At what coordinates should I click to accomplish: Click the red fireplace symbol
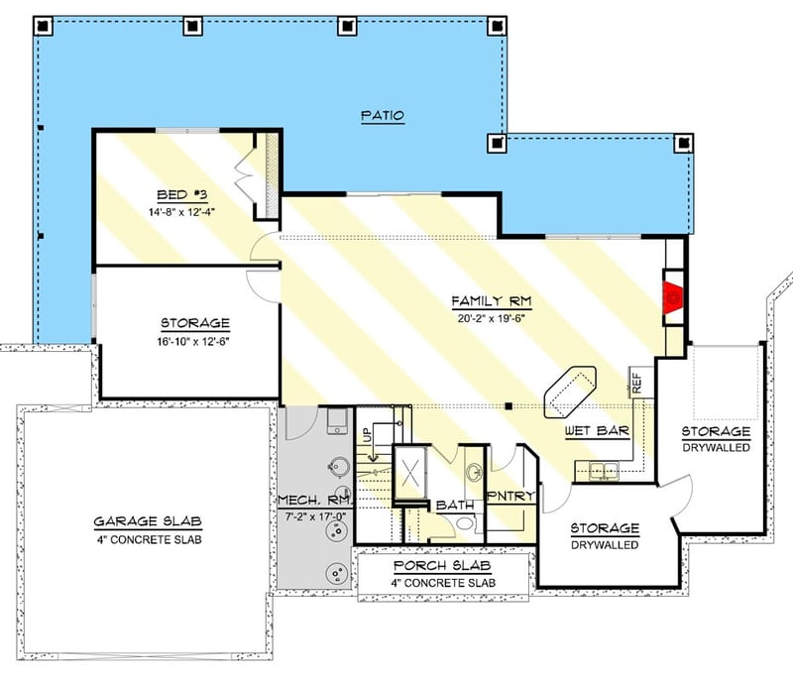pyautogui.click(x=673, y=294)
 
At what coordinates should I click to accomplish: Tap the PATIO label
pyautogui.click(x=382, y=116)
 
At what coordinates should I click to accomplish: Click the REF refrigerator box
pyautogui.click(x=637, y=382)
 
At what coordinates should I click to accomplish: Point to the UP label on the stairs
pyautogui.click(x=365, y=435)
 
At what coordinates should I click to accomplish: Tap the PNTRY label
pyautogui.click(x=510, y=496)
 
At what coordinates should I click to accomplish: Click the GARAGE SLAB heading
pyautogui.click(x=142, y=521)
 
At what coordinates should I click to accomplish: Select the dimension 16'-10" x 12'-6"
pyautogui.click(x=195, y=340)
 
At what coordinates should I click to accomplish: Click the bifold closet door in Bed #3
pyautogui.click(x=244, y=178)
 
